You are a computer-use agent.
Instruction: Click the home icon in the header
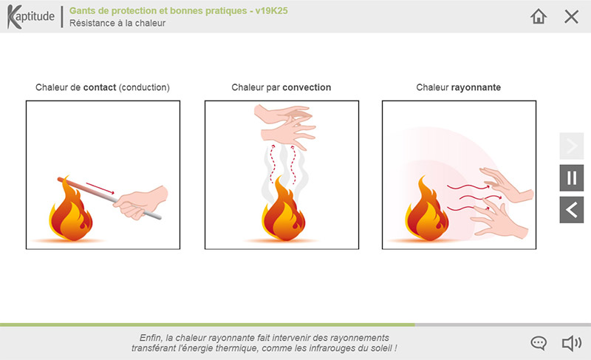pyautogui.click(x=539, y=16)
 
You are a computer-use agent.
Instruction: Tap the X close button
pyautogui.click(x=571, y=16)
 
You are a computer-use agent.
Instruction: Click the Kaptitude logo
pyautogui.click(x=30, y=16)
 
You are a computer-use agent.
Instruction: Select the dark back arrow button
pyautogui.click(x=571, y=210)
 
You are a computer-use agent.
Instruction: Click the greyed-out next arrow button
pyautogui.click(x=571, y=146)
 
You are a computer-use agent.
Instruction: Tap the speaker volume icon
pyautogui.click(x=572, y=343)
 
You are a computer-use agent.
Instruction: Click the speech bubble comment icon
pyautogui.click(x=539, y=343)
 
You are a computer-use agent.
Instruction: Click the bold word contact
pyautogui.click(x=100, y=87)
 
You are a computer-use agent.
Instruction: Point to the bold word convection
pyautogui.click(x=307, y=87)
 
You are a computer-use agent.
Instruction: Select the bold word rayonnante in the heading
pyautogui.click(x=476, y=88)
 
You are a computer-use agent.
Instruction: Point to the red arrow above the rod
pyautogui.click(x=100, y=188)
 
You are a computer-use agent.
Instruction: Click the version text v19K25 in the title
pyautogui.click(x=271, y=10)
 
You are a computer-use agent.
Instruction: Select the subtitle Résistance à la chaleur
pyautogui.click(x=117, y=23)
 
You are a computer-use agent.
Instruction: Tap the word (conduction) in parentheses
pyautogui.click(x=144, y=87)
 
